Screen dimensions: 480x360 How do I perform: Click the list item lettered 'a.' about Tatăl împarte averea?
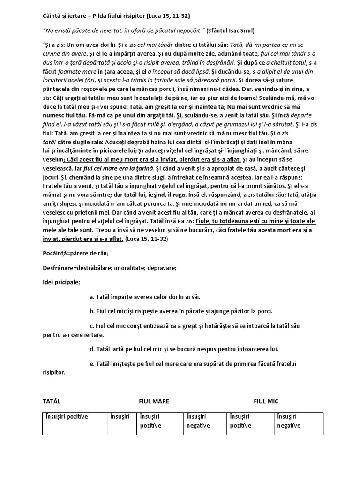[144, 297]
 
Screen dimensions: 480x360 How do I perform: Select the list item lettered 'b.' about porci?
[180, 311]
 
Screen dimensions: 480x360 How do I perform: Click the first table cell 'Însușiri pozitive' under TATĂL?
[67, 416]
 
